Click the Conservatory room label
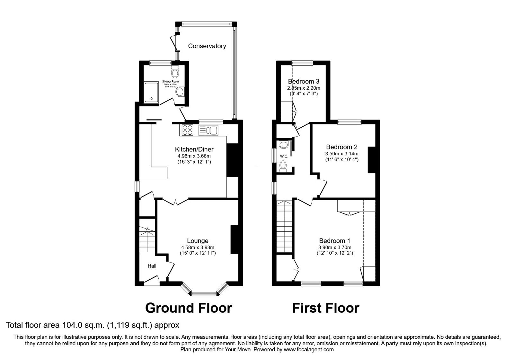(x=207, y=46)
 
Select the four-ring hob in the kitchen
(x=188, y=130)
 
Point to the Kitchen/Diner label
(x=194, y=149)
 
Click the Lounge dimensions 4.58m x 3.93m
(x=198, y=247)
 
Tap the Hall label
(x=152, y=266)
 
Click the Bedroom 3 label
(x=304, y=81)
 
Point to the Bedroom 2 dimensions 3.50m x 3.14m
(x=341, y=154)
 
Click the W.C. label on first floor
(x=284, y=156)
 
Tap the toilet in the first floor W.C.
(x=283, y=166)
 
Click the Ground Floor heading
(x=189, y=308)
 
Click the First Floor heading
(x=325, y=308)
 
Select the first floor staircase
(x=285, y=227)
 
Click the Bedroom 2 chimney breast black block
(x=372, y=160)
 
